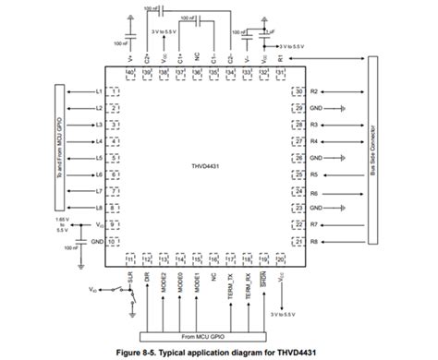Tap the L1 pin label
[99, 91]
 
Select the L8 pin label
[99, 208]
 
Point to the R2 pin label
[314, 91]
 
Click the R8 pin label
[314, 242]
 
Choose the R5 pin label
[314, 174]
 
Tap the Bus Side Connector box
[373, 152]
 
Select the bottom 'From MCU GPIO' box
[201, 338]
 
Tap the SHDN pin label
[264, 281]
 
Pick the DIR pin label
[147, 277]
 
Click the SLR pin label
[130, 277]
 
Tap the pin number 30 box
[298, 91]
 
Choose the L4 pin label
[99, 141]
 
